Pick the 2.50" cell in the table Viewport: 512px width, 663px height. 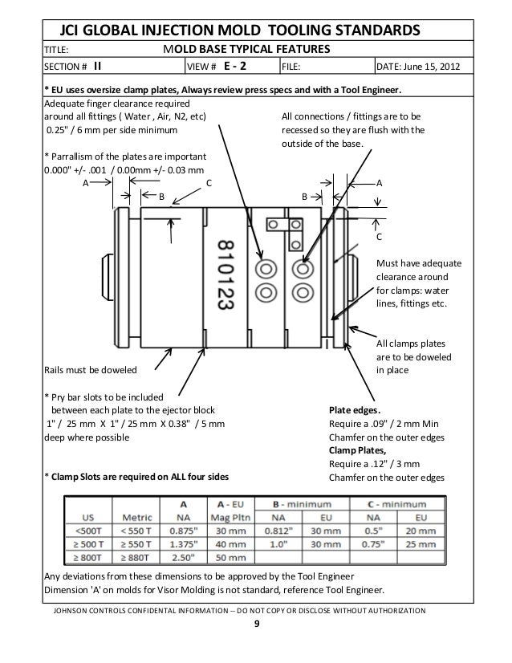pyautogui.click(x=185, y=557)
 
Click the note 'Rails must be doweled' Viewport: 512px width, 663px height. pyautogui.click(x=89, y=369)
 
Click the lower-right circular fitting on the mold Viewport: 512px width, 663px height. pyautogui.click(x=303, y=290)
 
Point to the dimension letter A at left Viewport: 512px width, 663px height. pyautogui.click(x=87, y=183)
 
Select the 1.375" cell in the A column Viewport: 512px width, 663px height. pyautogui.click(x=185, y=543)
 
